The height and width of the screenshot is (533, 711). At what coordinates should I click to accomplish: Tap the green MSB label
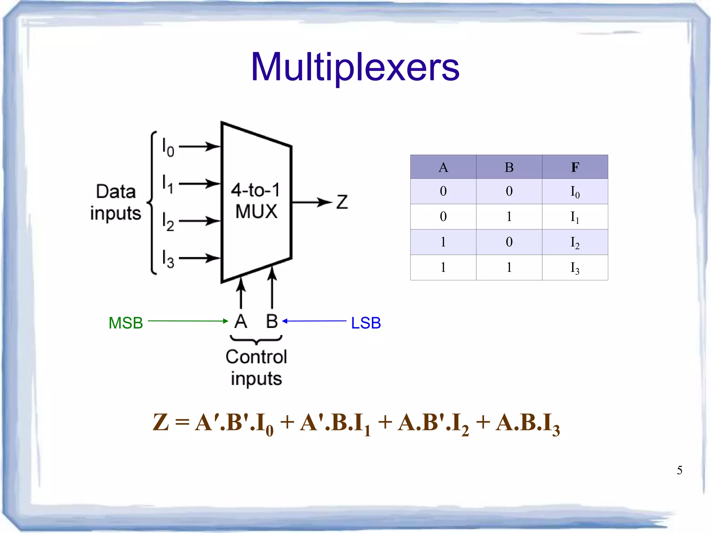(x=126, y=323)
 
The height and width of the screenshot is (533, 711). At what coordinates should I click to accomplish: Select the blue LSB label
(x=366, y=323)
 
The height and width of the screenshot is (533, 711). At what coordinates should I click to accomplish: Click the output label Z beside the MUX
(x=342, y=202)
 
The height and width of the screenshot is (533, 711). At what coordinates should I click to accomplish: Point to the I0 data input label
(x=168, y=147)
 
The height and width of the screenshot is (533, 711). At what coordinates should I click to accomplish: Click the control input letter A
(x=241, y=321)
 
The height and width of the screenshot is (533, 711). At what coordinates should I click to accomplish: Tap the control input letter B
(x=272, y=321)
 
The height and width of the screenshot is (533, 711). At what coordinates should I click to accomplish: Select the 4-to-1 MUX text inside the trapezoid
(x=256, y=201)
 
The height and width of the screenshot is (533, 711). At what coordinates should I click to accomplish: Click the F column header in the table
(x=575, y=167)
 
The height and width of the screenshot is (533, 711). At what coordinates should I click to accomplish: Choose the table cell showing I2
(x=575, y=242)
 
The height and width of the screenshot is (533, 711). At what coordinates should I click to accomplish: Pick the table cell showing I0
(x=575, y=192)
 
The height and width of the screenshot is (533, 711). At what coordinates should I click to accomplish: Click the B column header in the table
(x=509, y=167)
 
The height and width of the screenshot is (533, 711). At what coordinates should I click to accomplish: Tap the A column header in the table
(x=443, y=167)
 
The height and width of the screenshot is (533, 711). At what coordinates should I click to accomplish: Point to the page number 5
(x=679, y=471)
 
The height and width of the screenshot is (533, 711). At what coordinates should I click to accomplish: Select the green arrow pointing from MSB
(x=187, y=321)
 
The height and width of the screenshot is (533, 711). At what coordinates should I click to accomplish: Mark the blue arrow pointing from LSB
(x=314, y=321)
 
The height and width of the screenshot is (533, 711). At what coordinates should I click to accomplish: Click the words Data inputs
(x=116, y=202)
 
